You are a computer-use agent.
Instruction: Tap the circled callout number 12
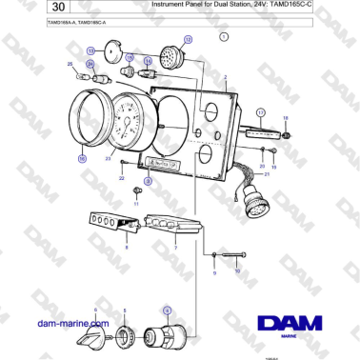pyautogui.click(x=188, y=40)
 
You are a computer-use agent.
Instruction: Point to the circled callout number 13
pyautogui.click(x=90, y=50)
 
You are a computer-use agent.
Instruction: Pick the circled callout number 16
pyautogui.click(x=83, y=159)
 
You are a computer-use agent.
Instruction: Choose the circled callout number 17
pyautogui.click(x=259, y=111)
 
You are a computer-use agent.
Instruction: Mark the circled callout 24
pyautogui.click(x=90, y=64)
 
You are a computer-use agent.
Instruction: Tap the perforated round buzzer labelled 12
pyautogui.click(x=171, y=56)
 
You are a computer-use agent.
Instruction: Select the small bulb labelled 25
pyautogui.click(x=80, y=72)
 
